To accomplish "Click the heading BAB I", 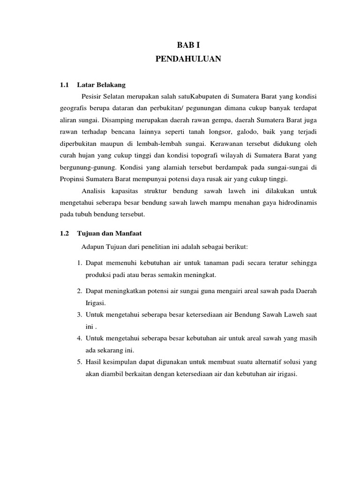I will (187, 45).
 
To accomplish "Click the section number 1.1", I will (65, 85).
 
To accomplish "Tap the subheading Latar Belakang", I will (102, 85).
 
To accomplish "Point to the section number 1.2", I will (65, 233).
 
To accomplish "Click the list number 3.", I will (80, 315).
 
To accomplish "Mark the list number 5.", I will (80, 362).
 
